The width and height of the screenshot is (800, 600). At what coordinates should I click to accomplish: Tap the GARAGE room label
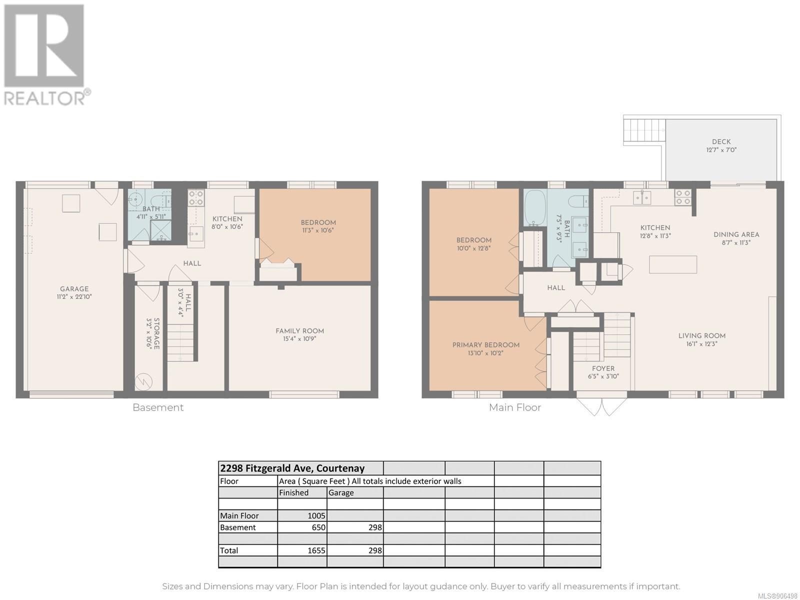[74, 289]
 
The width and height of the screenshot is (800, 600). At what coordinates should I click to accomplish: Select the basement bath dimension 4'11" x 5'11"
[151, 217]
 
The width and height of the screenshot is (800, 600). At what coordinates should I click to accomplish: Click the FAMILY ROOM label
[299, 331]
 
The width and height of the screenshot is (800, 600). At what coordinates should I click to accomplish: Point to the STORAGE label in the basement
[156, 333]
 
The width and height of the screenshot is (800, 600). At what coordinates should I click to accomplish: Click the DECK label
[721, 141]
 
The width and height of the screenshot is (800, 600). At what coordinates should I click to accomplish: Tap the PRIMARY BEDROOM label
[486, 345]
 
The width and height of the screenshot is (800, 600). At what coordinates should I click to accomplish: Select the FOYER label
[603, 368]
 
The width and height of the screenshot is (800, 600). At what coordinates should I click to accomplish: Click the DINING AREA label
[736, 234]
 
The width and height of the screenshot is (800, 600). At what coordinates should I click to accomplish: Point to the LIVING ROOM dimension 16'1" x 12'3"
[701, 343]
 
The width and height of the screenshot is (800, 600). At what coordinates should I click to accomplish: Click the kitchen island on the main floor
[673, 264]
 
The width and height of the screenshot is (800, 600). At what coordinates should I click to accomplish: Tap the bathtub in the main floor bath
[535, 207]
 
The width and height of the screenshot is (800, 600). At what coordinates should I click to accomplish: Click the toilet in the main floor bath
[579, 199]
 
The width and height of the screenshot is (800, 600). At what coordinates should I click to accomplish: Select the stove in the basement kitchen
[195, 198]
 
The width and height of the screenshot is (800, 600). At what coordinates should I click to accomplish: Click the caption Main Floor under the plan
[514, 407]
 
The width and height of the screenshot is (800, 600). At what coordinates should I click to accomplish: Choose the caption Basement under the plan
[158, 407]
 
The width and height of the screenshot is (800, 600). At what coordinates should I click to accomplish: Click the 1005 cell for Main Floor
[316, 516]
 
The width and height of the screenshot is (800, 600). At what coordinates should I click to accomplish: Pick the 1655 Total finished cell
[316, 550]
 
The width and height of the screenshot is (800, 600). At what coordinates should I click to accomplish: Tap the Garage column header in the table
[341, 493]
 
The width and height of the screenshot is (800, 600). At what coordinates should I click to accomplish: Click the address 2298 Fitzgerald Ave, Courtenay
[292, 468]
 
